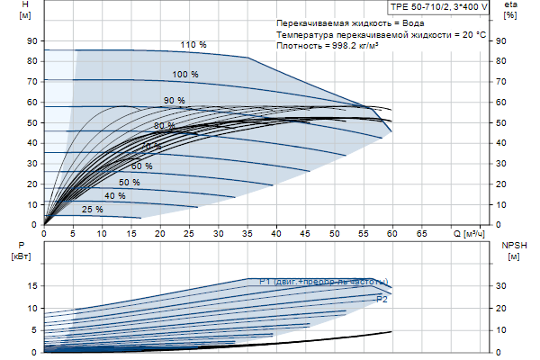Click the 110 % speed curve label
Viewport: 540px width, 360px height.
tap(193, 45)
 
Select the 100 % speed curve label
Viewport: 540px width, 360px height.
tap(185, 74)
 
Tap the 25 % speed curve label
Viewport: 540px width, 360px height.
tap(93, 210)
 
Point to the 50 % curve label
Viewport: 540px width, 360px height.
tap(130, 183)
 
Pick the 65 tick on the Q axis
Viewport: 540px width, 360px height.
tap(420, 233)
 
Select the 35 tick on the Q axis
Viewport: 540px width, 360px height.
tap(247, 233)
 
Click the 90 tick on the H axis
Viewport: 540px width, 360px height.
tap(31, 41)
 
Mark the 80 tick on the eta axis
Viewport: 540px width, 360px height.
tap(500, 61)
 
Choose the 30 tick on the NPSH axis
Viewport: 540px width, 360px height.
tap(500, 285)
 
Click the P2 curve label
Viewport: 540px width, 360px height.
tap(382, 298)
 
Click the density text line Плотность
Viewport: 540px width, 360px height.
tap(328, 46)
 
